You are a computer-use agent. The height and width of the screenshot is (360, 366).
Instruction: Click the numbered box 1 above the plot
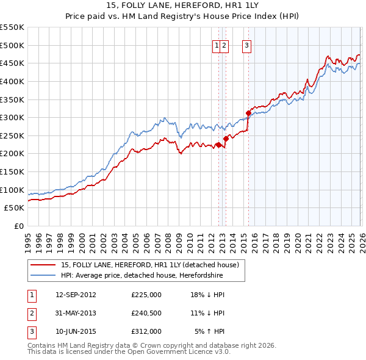pos(217,45)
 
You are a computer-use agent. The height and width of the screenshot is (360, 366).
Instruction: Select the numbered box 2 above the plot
pos(224,45)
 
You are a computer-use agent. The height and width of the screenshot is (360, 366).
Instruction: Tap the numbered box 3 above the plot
pos(246,45)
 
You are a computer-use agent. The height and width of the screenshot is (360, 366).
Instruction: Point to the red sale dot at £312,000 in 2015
pos(248,113)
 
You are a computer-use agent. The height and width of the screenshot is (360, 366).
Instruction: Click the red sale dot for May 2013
pos(226,139)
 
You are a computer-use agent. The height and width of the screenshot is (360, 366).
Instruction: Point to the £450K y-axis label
pos(12,63)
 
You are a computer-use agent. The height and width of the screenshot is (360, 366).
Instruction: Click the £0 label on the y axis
pos(18,226)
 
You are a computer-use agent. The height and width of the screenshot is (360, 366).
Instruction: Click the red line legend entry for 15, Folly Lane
pos(153,265)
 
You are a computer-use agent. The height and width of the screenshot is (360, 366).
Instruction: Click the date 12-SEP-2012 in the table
pos(76,295)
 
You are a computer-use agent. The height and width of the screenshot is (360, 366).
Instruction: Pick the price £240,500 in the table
pos(146,313)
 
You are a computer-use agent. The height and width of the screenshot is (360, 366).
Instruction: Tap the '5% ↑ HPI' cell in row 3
pos(210,331)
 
